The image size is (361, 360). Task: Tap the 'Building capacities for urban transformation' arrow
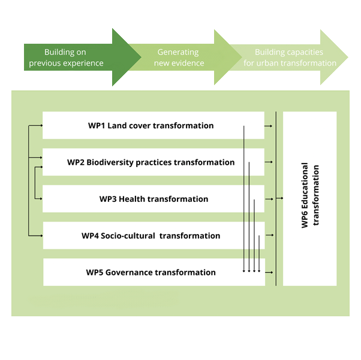click(x=288, y=58)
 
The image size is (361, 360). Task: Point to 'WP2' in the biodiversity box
click(x=76, y=162)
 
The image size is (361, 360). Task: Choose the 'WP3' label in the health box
click(x=108, y=199)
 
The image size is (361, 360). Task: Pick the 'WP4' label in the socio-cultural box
click(x=91, y=235)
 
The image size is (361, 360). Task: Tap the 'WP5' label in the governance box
click(x=95, y=272)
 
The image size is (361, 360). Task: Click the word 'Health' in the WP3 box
click(x=132, y=199)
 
